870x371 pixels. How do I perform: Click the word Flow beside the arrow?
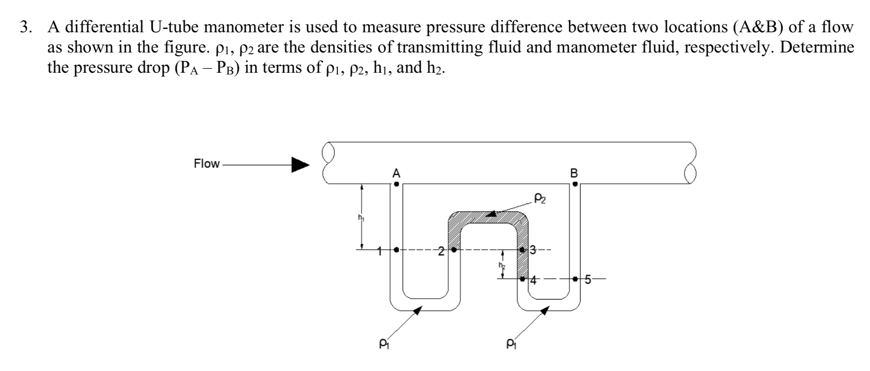pyautogui.click(x=207, y=164)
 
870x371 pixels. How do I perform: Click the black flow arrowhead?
pyautogui.click(x=300, y=164)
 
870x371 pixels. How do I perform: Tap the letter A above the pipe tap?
pyautogui.click(x=396, y=173)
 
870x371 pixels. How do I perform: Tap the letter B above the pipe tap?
pyautogui.click(x=574, y=173)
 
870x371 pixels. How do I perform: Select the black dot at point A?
pyautogui.click(x=396, y=184)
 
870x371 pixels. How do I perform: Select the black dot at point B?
pyautogui.click(x=575, y=184)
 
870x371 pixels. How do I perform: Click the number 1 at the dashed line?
pyautogui.click(x=380, y=250)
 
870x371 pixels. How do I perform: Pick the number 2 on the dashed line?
pyautogui.click(x=441, y=251)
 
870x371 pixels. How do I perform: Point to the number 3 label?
pyautogui.click(x=533, y=250)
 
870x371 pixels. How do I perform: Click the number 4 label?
pyautogui.click(x=533, y=280)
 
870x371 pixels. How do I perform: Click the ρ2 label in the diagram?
pyautogui.click(x=540, y=198)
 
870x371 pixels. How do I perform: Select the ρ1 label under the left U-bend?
pyautogui.click(x=382, y=343)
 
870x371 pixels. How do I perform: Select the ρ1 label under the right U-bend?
pyautogui.click(x=511, y=343)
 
